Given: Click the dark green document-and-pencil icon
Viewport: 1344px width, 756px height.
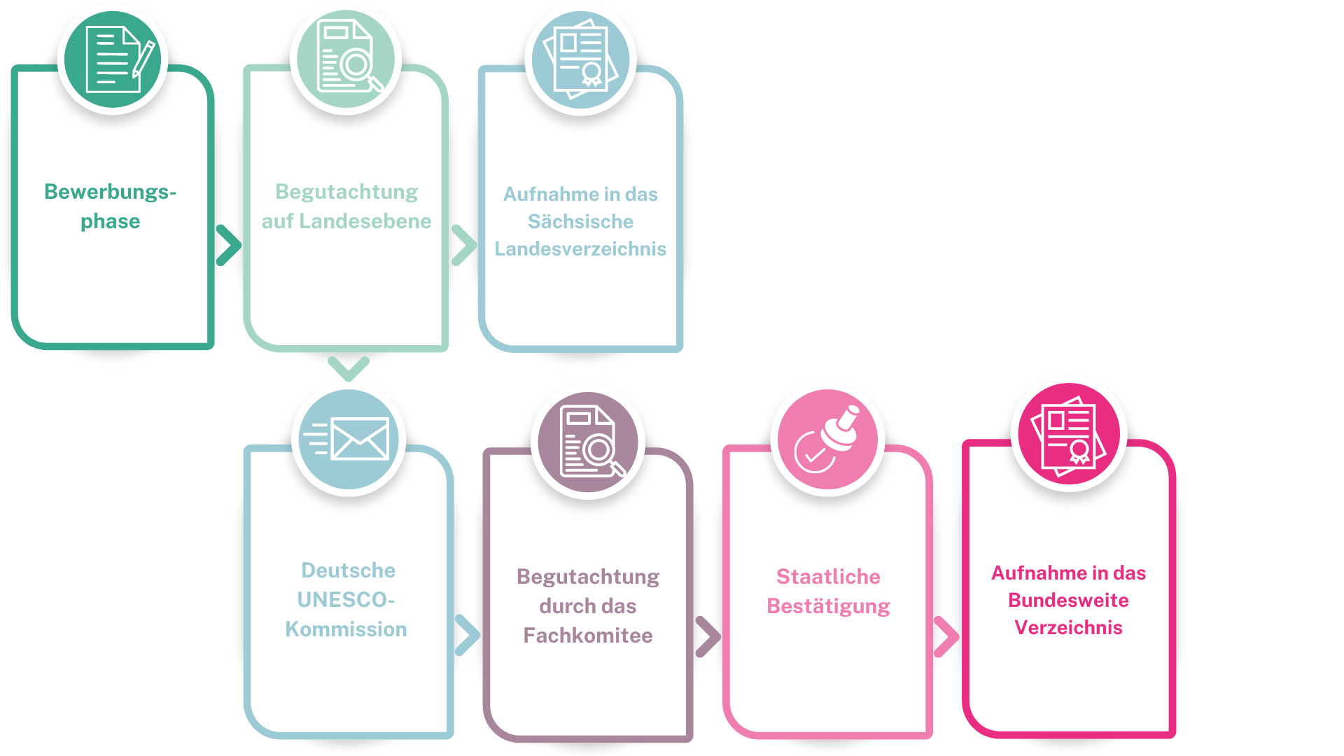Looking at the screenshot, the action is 113,59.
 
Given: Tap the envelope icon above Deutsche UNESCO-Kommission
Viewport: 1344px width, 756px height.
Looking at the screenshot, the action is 349,440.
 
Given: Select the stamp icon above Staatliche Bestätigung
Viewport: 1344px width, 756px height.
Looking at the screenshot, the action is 828,440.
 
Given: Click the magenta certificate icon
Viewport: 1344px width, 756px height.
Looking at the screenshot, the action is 1069,434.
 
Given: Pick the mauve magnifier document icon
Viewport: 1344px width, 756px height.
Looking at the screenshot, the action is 588,442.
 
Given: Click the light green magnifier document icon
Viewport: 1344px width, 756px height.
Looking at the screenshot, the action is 346,59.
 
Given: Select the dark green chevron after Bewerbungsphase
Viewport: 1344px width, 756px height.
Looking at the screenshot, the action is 228,246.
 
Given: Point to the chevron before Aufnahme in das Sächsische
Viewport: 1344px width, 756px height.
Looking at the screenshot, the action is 463,246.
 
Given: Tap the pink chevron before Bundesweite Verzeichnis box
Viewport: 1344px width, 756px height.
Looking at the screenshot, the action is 946,637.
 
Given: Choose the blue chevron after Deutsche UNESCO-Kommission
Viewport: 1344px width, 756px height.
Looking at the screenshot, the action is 467,635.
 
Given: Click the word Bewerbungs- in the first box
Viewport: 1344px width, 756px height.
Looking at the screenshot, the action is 110,192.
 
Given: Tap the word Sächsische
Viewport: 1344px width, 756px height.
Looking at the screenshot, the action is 580,221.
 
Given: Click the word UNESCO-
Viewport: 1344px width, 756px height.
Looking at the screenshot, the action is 346,600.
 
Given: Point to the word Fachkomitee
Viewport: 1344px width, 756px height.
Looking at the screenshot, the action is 588,636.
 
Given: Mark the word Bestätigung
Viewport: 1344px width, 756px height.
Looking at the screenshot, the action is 828,607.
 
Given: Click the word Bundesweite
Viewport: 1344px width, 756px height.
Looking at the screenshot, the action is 1068,601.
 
